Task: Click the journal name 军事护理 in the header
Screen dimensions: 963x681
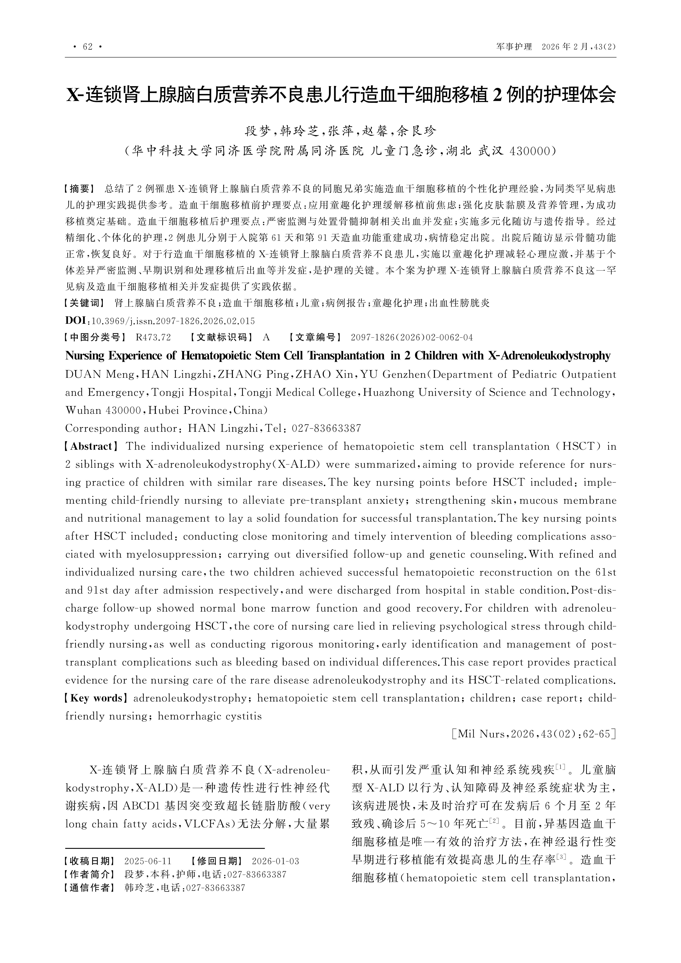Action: pyautogui.click(x=514, y=47)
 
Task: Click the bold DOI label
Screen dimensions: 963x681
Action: pyautogui.click(x=76, y=321)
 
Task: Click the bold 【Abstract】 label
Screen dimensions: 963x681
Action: pyautogui.click(x=91, y=446)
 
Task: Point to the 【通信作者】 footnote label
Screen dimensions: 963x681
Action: pyautogui.click(x=88, y=888)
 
